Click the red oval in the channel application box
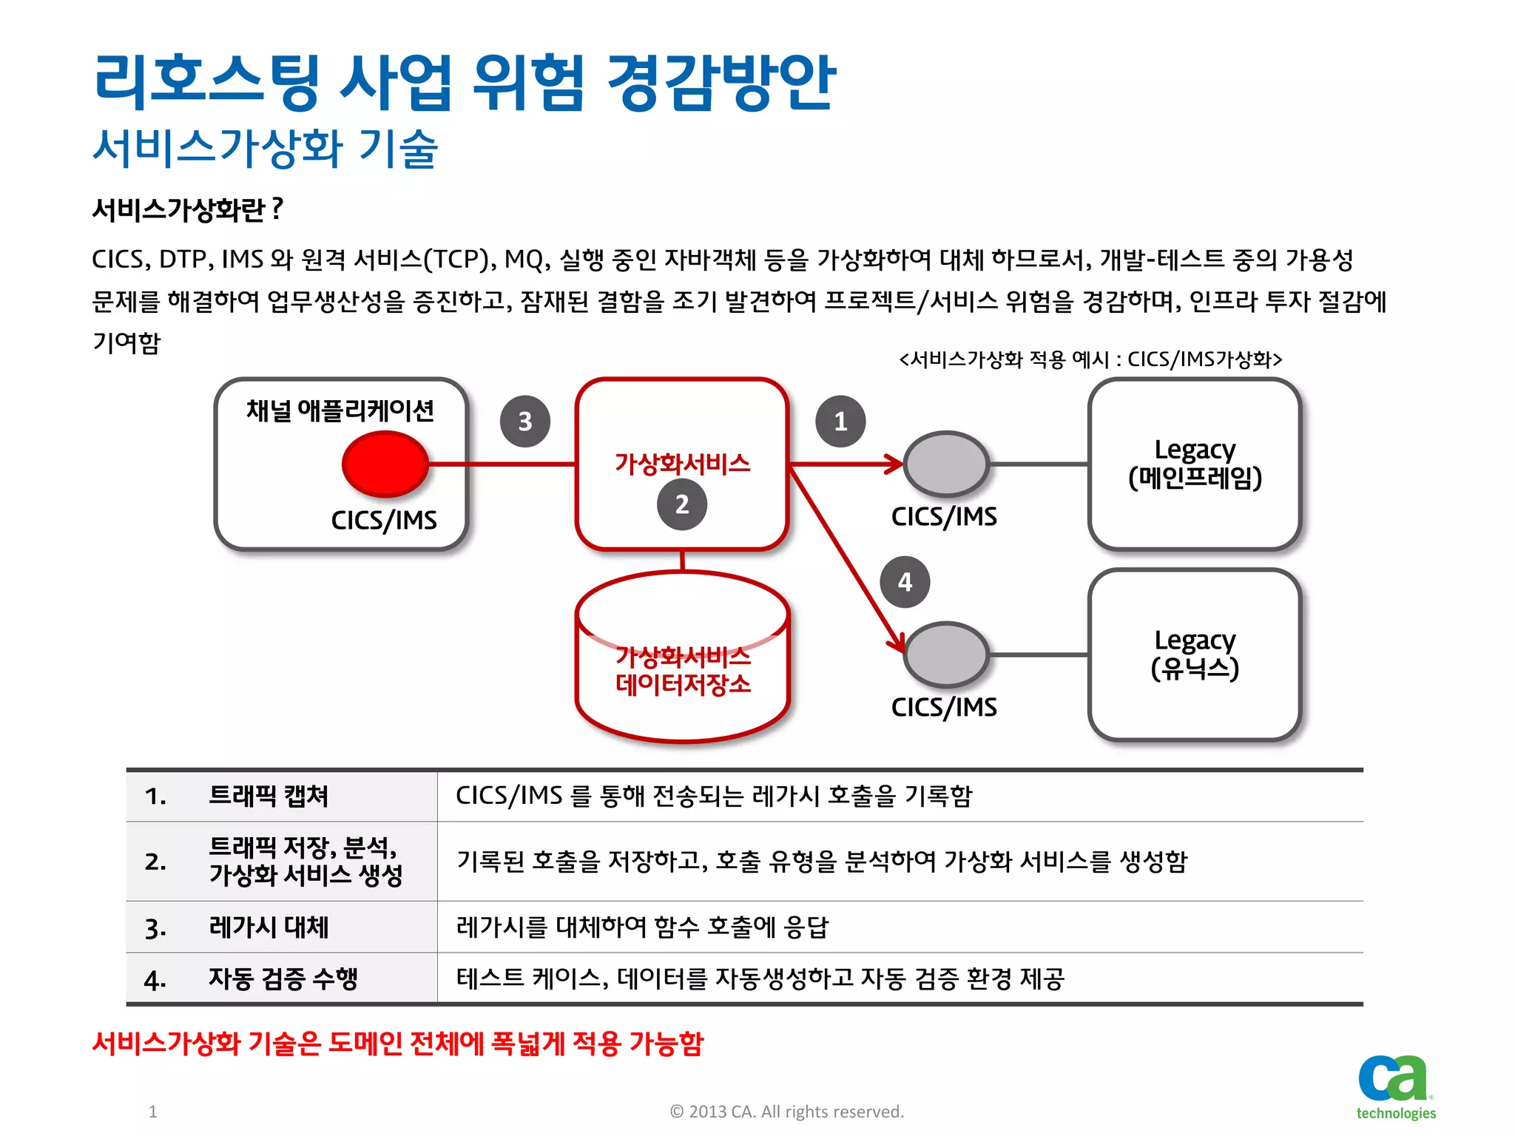pyautogui.click(x=385, y=464)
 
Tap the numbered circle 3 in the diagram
pyautogui.click(x=524, y=421)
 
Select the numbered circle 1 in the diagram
pyautogui.click(x=840, y=421)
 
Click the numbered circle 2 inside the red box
pyautogui.click(x=682, y=504)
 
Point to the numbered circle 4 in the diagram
pyautogui.click(x=905, y=582)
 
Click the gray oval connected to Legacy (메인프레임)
pyautogui.click(x=946, y=464)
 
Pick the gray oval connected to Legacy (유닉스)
pyautogui.click(x=946, y=655)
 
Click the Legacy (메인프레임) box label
pyautogui.click(x=1195, y=464)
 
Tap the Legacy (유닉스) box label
pyautogui.click(x=1195, y=655)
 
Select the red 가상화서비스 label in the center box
pyautogui.click(x=682, y=464)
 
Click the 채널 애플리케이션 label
pyautogui.click(x=340, y=410)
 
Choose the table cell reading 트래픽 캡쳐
pyautogui.click(x=269, y=796)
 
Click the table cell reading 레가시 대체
pyautogui.click(x=269, y=927)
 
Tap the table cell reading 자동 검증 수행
pyautogui.click(x=283, y=978)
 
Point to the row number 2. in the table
pyautogui.click(x=155, y=862)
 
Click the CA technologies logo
pyautogui.click(x=1395, y=1086)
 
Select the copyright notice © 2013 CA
pyautogui.click(x=786, y=1112)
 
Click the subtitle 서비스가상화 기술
pyautogui.click(x=265, y=148)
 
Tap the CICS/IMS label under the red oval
pyautogui.click(x=383, y=520)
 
